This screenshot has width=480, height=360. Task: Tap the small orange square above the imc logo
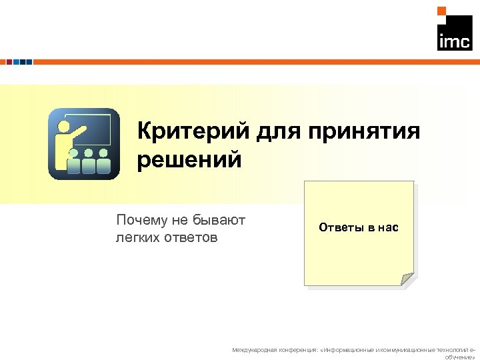click(x=441, y=11)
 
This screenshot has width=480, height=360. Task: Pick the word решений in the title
click(x=189, y=160)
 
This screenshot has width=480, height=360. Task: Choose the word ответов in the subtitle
click(x=189, y=237)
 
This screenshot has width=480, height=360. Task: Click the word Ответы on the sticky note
click(x=339, y=228)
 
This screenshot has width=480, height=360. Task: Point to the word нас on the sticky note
click(x=387, y=228)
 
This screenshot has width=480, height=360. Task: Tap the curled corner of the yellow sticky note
click(x=407, y=280)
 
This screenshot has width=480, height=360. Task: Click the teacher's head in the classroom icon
click(x=65, y=126)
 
